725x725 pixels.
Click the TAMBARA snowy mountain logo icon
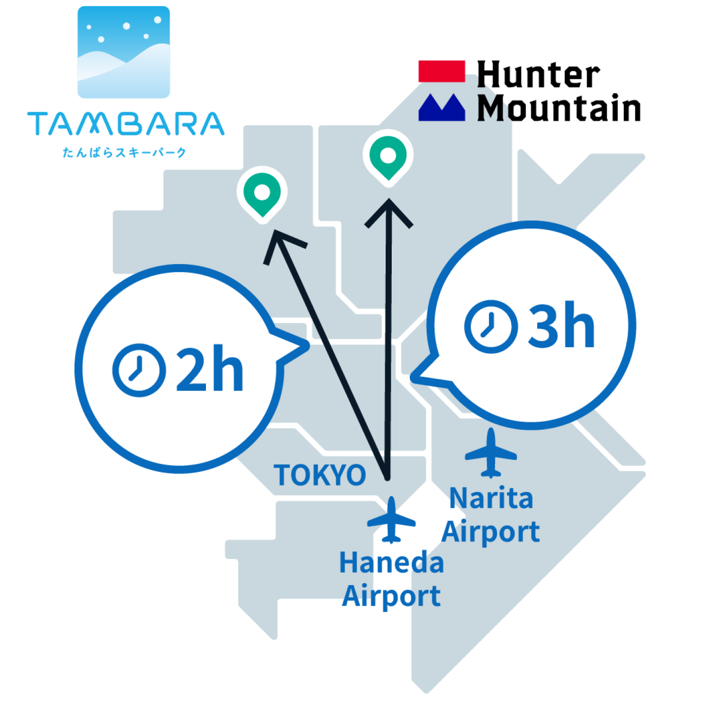(x=124, y=52)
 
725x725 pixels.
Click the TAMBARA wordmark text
(x=126, y=124)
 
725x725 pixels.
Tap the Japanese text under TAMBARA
(x=124, y=152)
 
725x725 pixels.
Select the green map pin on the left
(x=262, y=193)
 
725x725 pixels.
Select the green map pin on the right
(x=388, y=156)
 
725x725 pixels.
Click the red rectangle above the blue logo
(x=442, y=71)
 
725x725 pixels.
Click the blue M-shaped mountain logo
(x=442, y=107)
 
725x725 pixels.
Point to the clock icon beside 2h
(x=139, y=370)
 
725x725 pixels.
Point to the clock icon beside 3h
(x=491, y=327)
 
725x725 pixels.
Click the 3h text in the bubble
(x=561, y=327)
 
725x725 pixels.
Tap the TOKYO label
(x=320, y=475)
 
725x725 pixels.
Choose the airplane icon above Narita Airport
(x=491, y=453)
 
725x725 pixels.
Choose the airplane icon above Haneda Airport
(x=391, y=520)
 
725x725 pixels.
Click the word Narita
(x=491, y=499)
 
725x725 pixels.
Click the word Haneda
(x=391, y=563)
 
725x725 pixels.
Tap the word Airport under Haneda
(x=391, y=597)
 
